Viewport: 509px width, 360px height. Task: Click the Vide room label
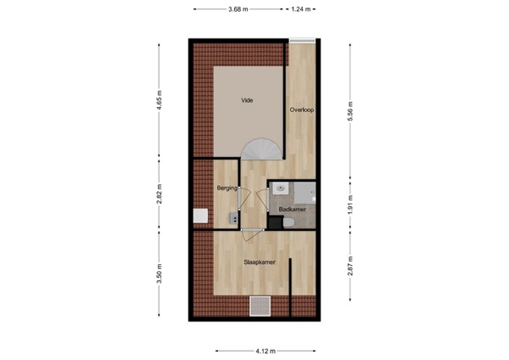247,100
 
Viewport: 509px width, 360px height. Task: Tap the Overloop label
301,110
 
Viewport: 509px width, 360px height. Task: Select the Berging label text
227,188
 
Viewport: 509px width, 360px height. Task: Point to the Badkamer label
293,208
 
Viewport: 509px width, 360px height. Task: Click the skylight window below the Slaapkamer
260,305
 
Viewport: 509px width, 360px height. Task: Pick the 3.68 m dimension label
238,9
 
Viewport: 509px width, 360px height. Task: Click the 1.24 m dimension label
303,9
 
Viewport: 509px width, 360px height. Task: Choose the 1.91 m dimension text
350,205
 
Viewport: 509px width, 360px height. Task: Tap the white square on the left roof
201,217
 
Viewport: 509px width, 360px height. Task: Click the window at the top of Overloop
301,40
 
